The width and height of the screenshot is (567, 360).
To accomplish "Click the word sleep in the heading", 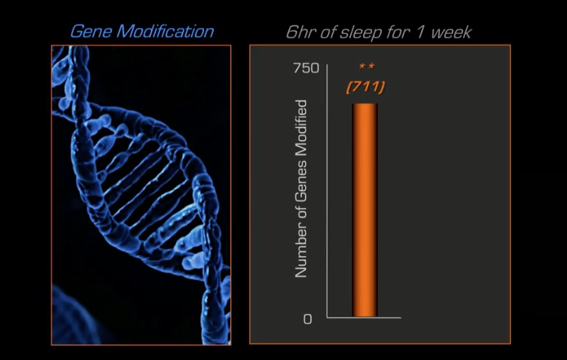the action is tap(360, 33).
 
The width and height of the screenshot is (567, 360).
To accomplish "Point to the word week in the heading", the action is tap(451, 32).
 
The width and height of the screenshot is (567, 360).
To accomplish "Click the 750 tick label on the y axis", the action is tap(307, 68).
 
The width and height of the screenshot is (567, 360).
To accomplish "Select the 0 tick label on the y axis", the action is tap(307, 319).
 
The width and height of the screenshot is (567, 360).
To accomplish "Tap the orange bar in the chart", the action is tap(365, 210).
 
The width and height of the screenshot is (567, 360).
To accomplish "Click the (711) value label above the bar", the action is tap(366, 87).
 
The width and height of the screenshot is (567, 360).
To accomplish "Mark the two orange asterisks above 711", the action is tap(367, 66).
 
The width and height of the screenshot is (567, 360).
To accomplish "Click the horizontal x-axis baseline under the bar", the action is tap(364, 317).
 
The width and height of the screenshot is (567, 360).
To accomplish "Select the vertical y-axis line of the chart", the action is tap(327, 191).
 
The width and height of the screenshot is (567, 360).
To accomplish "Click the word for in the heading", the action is tap(399, 32).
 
